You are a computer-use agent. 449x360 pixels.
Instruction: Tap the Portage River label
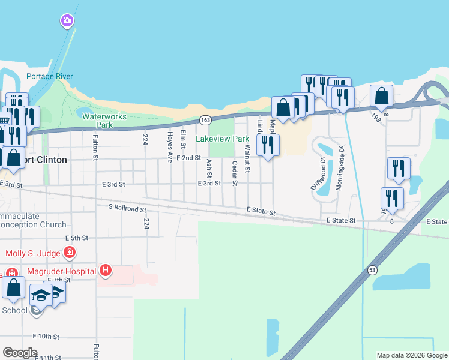[50, 76]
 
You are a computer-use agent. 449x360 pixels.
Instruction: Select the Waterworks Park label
[97, 121]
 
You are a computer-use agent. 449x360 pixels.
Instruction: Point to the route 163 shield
[205, 121]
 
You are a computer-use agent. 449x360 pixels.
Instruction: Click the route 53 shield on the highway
[372, 269]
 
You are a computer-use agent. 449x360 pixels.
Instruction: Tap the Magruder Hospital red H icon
[106, 271]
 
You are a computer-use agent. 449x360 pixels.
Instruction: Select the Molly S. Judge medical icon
[70, 252]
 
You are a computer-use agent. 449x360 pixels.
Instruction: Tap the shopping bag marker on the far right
[381, 95]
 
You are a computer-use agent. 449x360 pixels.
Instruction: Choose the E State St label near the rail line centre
[261, 212]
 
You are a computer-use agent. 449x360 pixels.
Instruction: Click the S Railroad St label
[127, 209]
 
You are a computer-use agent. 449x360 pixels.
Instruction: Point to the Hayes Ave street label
[170, 147]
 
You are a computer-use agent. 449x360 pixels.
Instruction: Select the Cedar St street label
[234, 169]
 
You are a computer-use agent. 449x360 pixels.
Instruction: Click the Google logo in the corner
[20, 353]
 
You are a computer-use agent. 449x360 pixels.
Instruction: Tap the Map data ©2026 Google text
[411, 355]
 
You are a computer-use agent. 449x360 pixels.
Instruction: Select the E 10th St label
[46, 336]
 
